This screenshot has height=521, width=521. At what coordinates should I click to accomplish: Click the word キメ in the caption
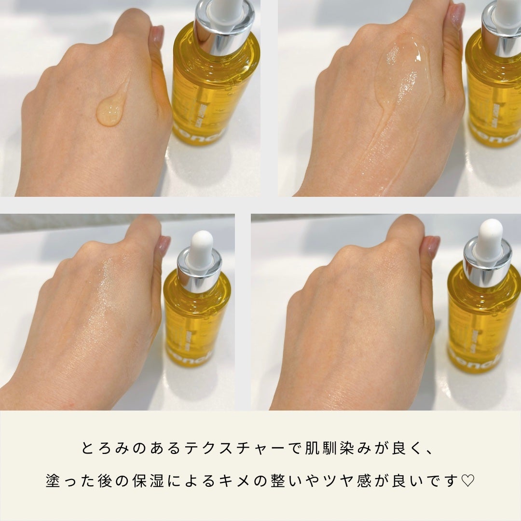[255, 481]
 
